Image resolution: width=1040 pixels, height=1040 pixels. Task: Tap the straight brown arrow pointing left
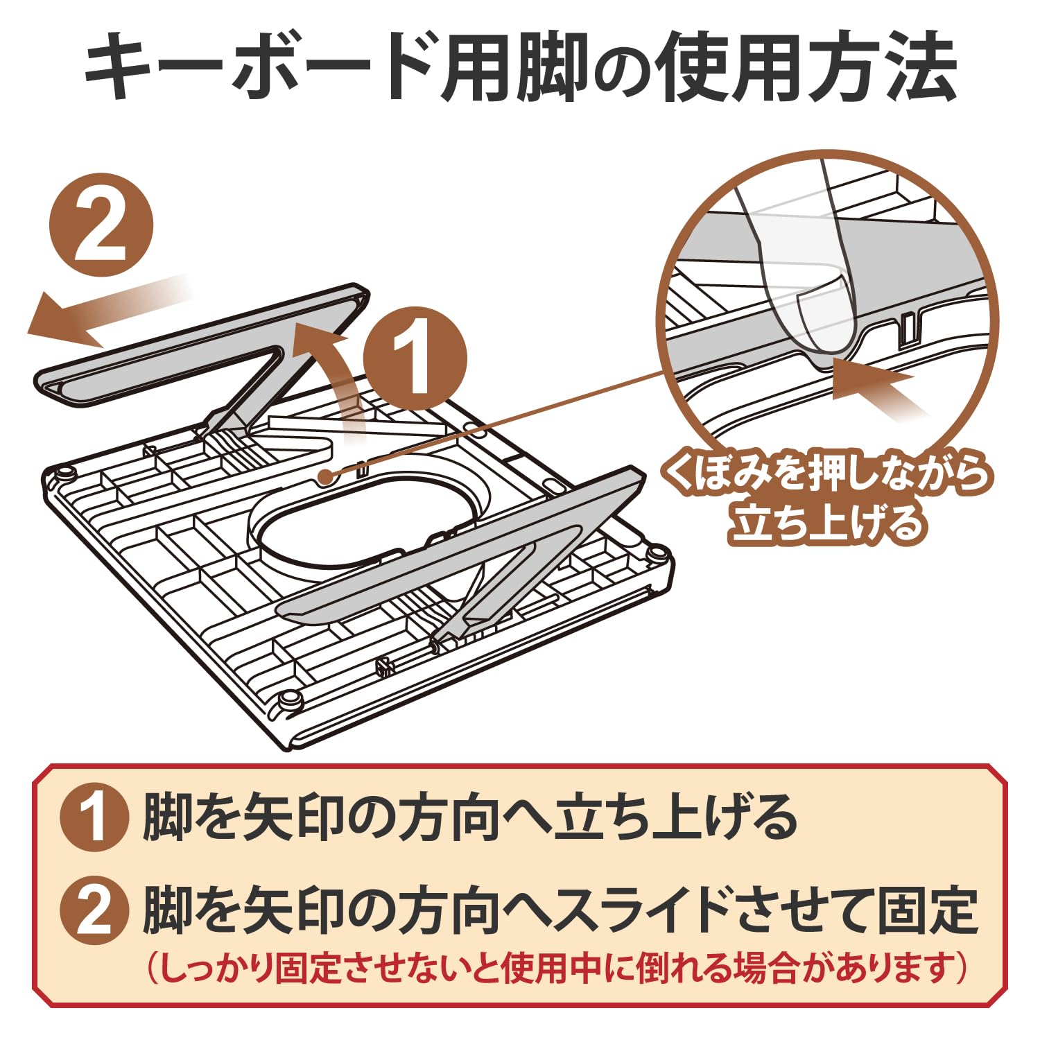point(97,310)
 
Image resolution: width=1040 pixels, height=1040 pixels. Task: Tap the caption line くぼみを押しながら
point(825,475)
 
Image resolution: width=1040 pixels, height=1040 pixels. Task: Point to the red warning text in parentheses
point(555,967)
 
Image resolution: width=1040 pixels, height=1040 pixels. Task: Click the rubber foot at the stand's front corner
point(288,700)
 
